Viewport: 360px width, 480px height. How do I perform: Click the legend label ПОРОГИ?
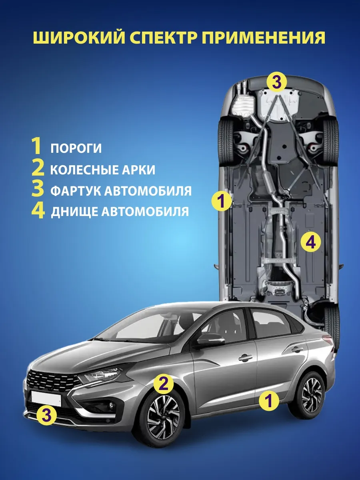point(76,148)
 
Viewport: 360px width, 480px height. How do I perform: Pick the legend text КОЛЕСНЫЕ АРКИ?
point(103,170)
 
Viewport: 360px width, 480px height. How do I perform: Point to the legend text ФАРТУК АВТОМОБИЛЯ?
point(121,191)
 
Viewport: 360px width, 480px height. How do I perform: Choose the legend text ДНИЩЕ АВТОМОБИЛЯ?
point(120,211)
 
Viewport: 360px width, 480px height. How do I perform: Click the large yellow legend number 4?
point(38,211)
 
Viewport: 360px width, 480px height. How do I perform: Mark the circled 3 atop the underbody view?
point(276,83)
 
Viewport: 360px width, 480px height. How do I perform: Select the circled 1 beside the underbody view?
point(221,201)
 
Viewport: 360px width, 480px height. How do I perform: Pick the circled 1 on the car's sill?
point(269,400)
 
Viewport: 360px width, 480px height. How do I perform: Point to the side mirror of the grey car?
point(211,342)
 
